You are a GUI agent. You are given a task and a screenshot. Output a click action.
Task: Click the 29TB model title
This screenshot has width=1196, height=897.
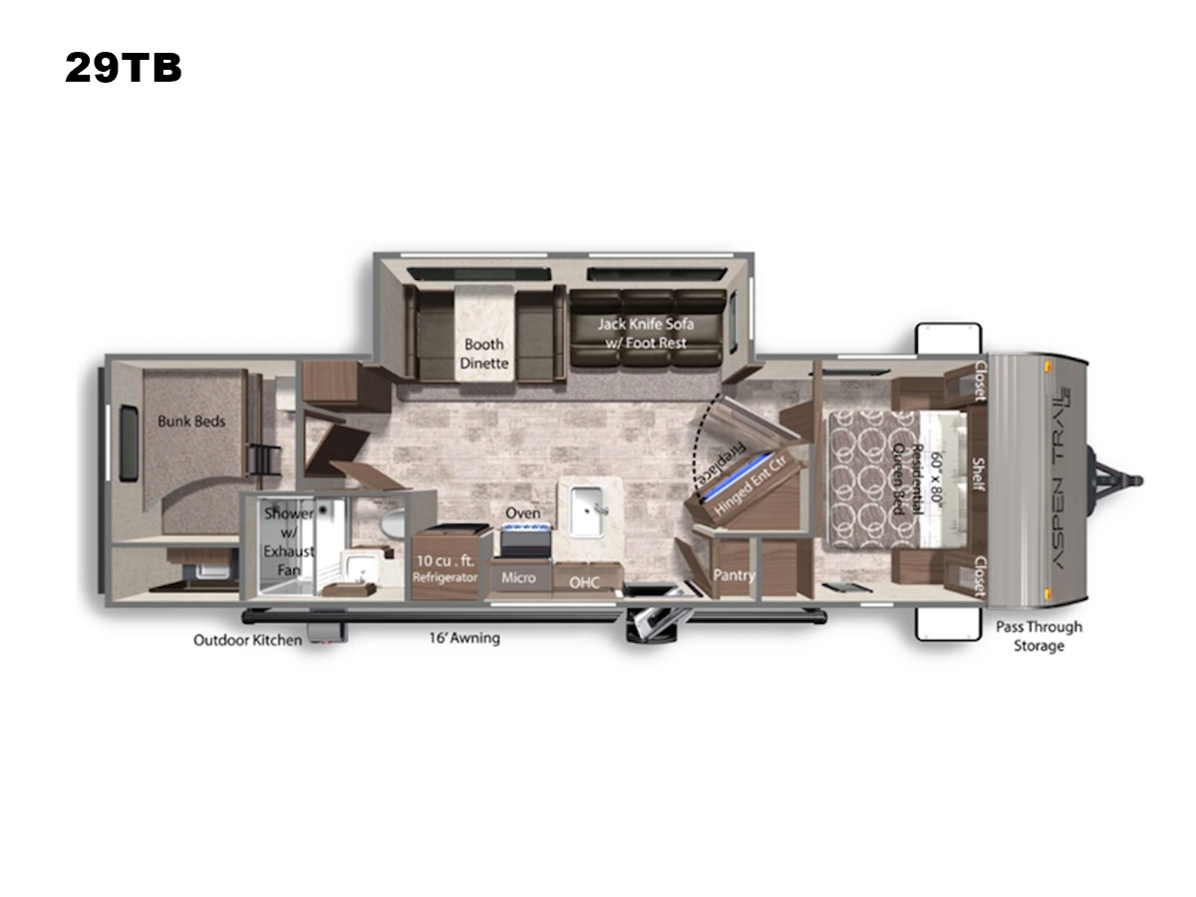tap(124, 68)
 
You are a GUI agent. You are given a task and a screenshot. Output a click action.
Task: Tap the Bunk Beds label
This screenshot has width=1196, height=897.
tap(191, 421)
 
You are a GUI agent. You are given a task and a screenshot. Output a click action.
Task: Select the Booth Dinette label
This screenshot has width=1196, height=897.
tap(483, 354)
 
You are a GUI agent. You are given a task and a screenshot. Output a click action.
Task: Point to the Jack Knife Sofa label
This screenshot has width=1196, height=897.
tap(646, 333)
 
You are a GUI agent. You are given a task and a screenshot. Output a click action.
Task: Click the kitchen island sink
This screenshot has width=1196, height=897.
tap(587, 511)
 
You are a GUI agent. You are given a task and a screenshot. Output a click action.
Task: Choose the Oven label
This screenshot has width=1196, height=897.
tap(523, 513)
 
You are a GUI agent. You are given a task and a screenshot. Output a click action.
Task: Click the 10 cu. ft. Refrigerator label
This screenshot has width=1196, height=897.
tap(445, 568)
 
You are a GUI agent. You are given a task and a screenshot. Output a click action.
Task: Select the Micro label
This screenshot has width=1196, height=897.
tap(518, 578)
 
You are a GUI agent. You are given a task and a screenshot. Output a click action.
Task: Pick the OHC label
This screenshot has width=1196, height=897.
tap(584, 583)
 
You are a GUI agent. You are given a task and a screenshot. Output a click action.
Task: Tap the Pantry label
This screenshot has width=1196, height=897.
tap(734, 575)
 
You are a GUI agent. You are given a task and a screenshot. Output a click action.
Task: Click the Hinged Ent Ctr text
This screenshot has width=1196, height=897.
tap(750, 485)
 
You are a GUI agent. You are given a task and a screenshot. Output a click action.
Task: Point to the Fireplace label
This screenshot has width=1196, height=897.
tap(722, 464)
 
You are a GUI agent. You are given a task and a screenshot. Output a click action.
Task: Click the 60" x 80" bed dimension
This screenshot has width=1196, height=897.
tap(936, 478)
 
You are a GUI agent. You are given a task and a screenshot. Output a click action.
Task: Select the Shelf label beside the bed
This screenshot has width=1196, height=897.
tap(979, 473)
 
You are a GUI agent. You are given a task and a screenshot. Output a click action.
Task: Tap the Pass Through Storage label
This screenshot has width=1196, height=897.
tap(1039, 636)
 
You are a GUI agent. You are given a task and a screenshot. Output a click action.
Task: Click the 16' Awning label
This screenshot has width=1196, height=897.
tap(464, 638)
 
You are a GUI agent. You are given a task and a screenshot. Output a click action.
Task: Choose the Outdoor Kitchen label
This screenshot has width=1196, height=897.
tap(247, 640)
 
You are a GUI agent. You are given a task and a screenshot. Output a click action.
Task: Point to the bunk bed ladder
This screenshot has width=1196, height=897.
tap(264, 459)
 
